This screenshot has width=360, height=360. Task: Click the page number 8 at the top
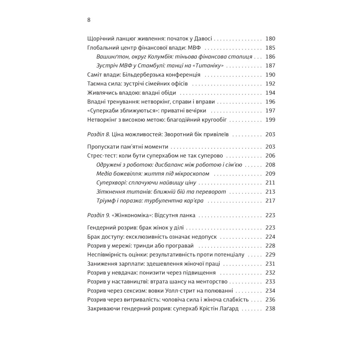coord(89,20)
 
